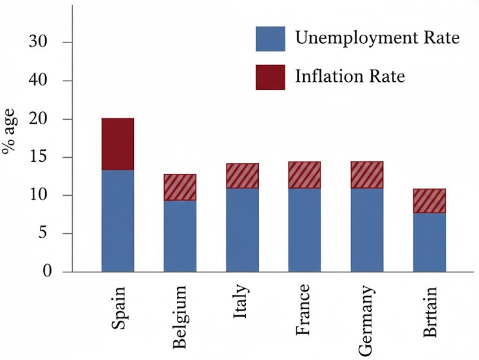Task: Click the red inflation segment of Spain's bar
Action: [x=118, y=144]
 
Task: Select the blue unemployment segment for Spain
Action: [x=118, y=220]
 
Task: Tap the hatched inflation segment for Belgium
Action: [x=180, y=187]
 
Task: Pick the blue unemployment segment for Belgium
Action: [x=180, y=236]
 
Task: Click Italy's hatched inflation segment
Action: [x=242, y=176]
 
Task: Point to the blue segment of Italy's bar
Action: [x=242, y=230]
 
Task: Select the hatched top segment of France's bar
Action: [x=304, y=175]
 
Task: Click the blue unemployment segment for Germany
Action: [x=366, y=230]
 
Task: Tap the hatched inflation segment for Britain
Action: [x=429, y=200]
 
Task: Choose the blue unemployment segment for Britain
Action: [x=429, y=242]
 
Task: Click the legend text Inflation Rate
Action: [x=350, y=77]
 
